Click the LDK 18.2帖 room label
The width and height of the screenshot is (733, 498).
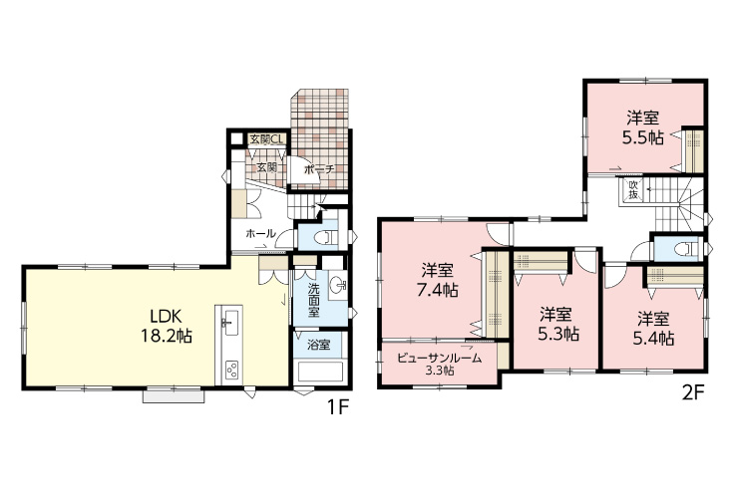[167, 326]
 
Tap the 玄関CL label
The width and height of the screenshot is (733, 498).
[266, 139]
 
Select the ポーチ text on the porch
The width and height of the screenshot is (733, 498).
[319, 169]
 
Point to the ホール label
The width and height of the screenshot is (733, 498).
[261, 233]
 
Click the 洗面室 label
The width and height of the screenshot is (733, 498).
[314, 300]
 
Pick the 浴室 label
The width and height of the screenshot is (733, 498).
[319, 345]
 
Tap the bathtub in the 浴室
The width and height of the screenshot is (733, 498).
[321, 372]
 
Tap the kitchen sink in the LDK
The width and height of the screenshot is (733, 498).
[229, 322]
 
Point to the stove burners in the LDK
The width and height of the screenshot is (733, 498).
[231, 371]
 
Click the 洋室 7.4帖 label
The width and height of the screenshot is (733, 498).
[438, 281]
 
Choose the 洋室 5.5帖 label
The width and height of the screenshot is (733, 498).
[643, 127]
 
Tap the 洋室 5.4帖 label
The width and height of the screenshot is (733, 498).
[653, 329]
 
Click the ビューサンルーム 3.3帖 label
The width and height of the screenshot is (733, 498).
[439, 365]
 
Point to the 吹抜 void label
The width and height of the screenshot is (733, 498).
[633, 189]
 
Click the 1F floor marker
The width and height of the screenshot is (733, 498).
[337, 408]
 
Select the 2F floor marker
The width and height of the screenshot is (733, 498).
[693, 393]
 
